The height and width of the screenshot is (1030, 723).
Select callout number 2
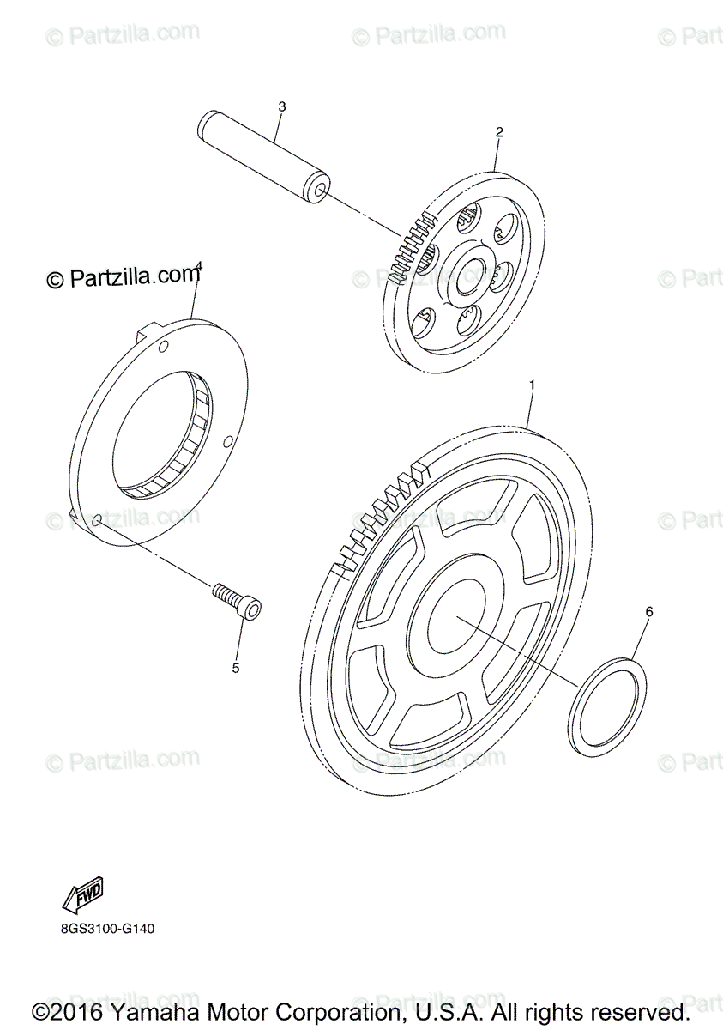pos(499,132)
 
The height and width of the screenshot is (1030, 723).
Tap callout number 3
pos(281,106)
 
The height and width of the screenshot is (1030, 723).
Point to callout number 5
pos(235,667)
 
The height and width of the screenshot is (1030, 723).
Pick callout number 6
pos(649,612)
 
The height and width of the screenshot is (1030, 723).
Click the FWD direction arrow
pos(84,895)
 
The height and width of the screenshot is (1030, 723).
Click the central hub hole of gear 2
pos(471,276)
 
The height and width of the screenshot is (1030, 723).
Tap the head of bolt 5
pos(252,609)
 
